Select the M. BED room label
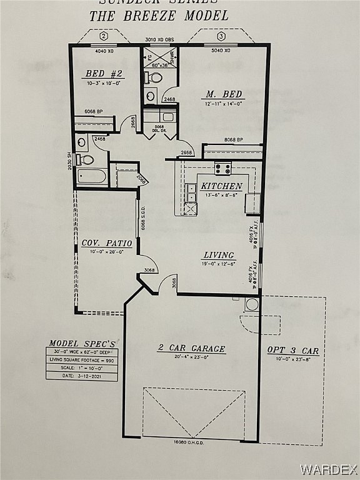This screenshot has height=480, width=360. (x=223, y=94)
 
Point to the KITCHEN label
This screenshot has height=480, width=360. (x=221, y=186)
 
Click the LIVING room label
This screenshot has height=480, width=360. (x=219, y=255)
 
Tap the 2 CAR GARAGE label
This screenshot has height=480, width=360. (x=191, y=348)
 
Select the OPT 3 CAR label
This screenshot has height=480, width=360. (x=292, y=351)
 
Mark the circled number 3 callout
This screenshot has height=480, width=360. (x=221, y=36)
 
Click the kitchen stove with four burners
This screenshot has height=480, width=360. (x=222, y=167)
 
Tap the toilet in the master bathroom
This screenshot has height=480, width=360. (x=154, y=78)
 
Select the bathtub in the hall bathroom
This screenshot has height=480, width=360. (x=91, y=175)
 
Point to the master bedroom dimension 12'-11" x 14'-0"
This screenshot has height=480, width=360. (x=223, y=104)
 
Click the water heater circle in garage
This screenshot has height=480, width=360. (x=252, y=304)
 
